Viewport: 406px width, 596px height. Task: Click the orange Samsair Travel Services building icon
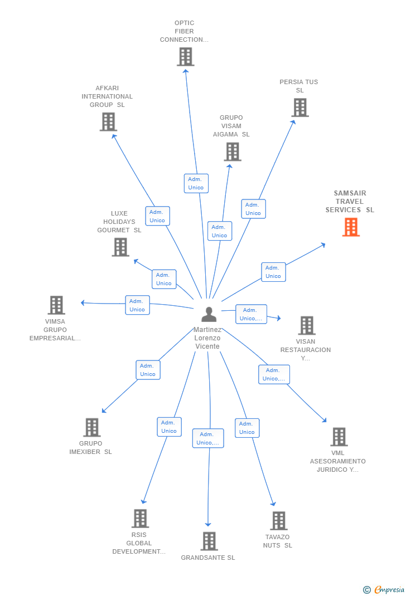coord(351,227)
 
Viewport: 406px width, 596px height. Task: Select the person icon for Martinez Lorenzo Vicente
coord(209,314)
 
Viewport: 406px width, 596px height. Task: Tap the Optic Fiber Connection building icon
coord(186,57)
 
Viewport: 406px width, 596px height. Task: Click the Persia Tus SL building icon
coord(300,108)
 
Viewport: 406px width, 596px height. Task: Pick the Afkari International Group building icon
coord(108,122)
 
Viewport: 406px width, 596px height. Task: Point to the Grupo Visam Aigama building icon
coord(233,152)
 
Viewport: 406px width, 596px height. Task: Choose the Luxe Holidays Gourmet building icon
coord(120,247)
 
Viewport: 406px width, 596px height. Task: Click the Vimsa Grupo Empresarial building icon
coord(56,305)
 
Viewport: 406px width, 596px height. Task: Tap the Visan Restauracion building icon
coord(307,325)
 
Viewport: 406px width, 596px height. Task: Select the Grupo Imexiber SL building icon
coord(91,427)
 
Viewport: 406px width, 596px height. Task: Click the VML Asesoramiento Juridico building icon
coord(339,437)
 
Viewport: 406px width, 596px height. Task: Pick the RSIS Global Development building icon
coord(140,519)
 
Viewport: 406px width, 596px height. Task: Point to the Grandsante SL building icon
coord(209,541)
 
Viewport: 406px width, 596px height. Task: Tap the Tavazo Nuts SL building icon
coord(278,520)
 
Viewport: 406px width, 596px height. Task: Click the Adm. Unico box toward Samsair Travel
coord(273,272)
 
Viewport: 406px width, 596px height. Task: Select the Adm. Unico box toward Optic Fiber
coord(196,184)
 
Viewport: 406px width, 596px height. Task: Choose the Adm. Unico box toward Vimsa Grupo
coord(137,305)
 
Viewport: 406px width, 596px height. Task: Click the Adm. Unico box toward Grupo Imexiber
coord(148,370)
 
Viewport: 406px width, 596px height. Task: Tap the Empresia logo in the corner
coord(384,589)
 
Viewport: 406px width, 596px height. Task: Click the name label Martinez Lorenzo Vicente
coord(207,338)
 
